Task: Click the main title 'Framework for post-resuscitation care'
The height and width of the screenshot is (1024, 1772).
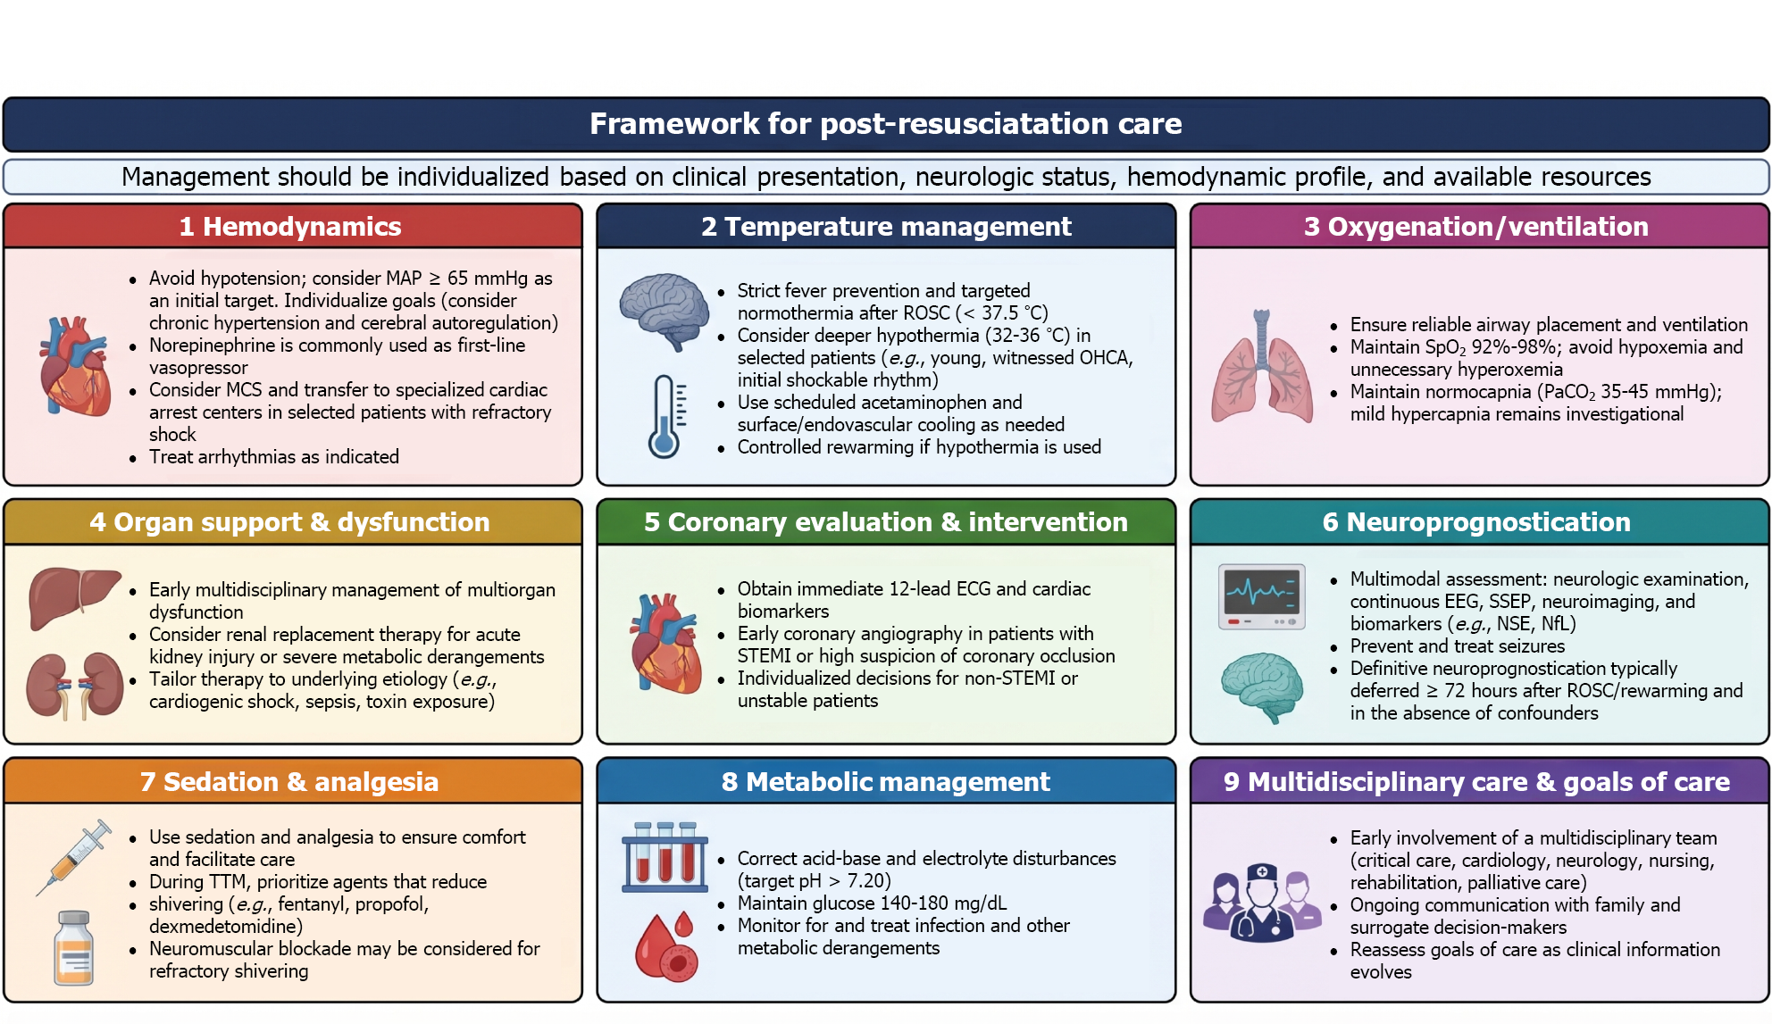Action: pyautogui.click(x=885, y=124)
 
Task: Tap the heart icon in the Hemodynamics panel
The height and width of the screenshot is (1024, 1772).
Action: pyautogui.click(x=75, y=366)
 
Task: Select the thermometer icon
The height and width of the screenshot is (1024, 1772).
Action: pyautogui.click(x=667, y=416)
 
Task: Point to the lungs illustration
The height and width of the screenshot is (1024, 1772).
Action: pyautogui.click(x=1261, y=366)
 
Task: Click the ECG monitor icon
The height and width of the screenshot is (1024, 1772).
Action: pyautogui.click(x=1261, y=596)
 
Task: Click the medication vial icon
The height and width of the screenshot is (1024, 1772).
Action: pyautogui.click(x=73, y=947)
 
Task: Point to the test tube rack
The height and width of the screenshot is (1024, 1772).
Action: pyautogui.click(x=664, y=857)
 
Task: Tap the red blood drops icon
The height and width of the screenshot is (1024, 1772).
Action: pyautogui.click(x=665, y=945)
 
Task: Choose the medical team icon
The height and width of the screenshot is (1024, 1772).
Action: pyautogui.click(x=1261, y=903)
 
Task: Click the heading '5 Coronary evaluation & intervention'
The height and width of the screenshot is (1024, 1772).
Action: pyautogui.click(x=885, y=522)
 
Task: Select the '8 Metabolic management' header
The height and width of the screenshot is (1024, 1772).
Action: pyautogui.click(x=885, y=782)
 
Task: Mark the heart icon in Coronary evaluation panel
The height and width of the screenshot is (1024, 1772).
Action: pyautogui.click(x=664, y=643)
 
